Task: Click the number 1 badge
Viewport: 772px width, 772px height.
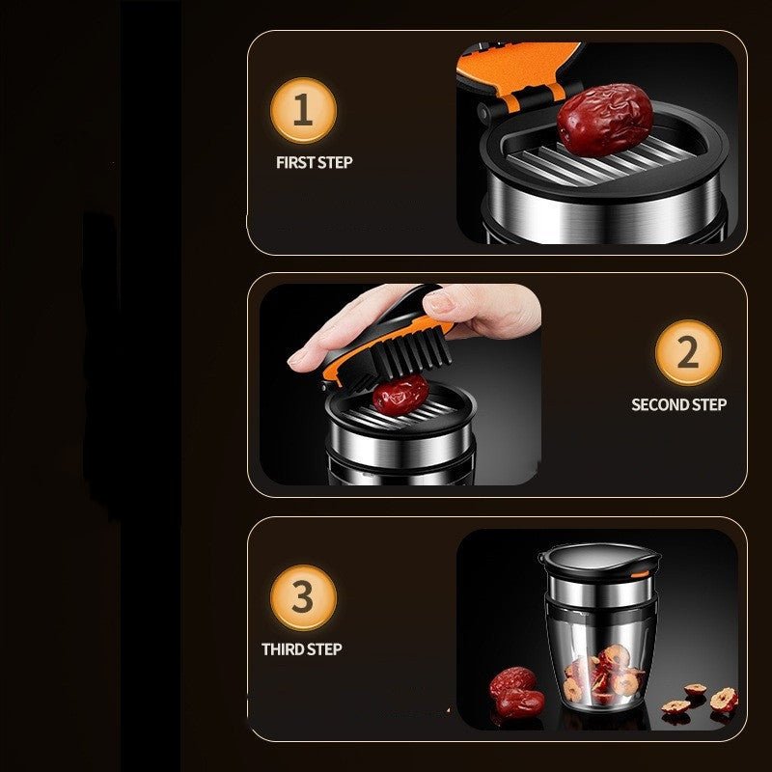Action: tap(303, 110)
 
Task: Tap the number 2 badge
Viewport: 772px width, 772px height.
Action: tap(687, 352)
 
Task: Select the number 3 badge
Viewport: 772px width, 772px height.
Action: tap(303, 597)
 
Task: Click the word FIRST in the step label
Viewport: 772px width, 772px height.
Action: tap(294, 162)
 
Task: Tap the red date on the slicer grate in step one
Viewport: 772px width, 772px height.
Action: tap(605, 121)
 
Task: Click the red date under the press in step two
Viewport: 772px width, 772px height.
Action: tap(400, 393)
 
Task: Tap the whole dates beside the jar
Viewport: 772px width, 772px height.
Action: tap(513, 689)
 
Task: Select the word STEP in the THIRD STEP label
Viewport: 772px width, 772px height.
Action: tap(323, 649)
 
